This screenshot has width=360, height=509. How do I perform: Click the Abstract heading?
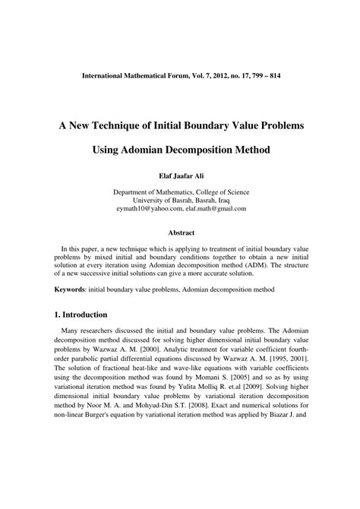point(179,234)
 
